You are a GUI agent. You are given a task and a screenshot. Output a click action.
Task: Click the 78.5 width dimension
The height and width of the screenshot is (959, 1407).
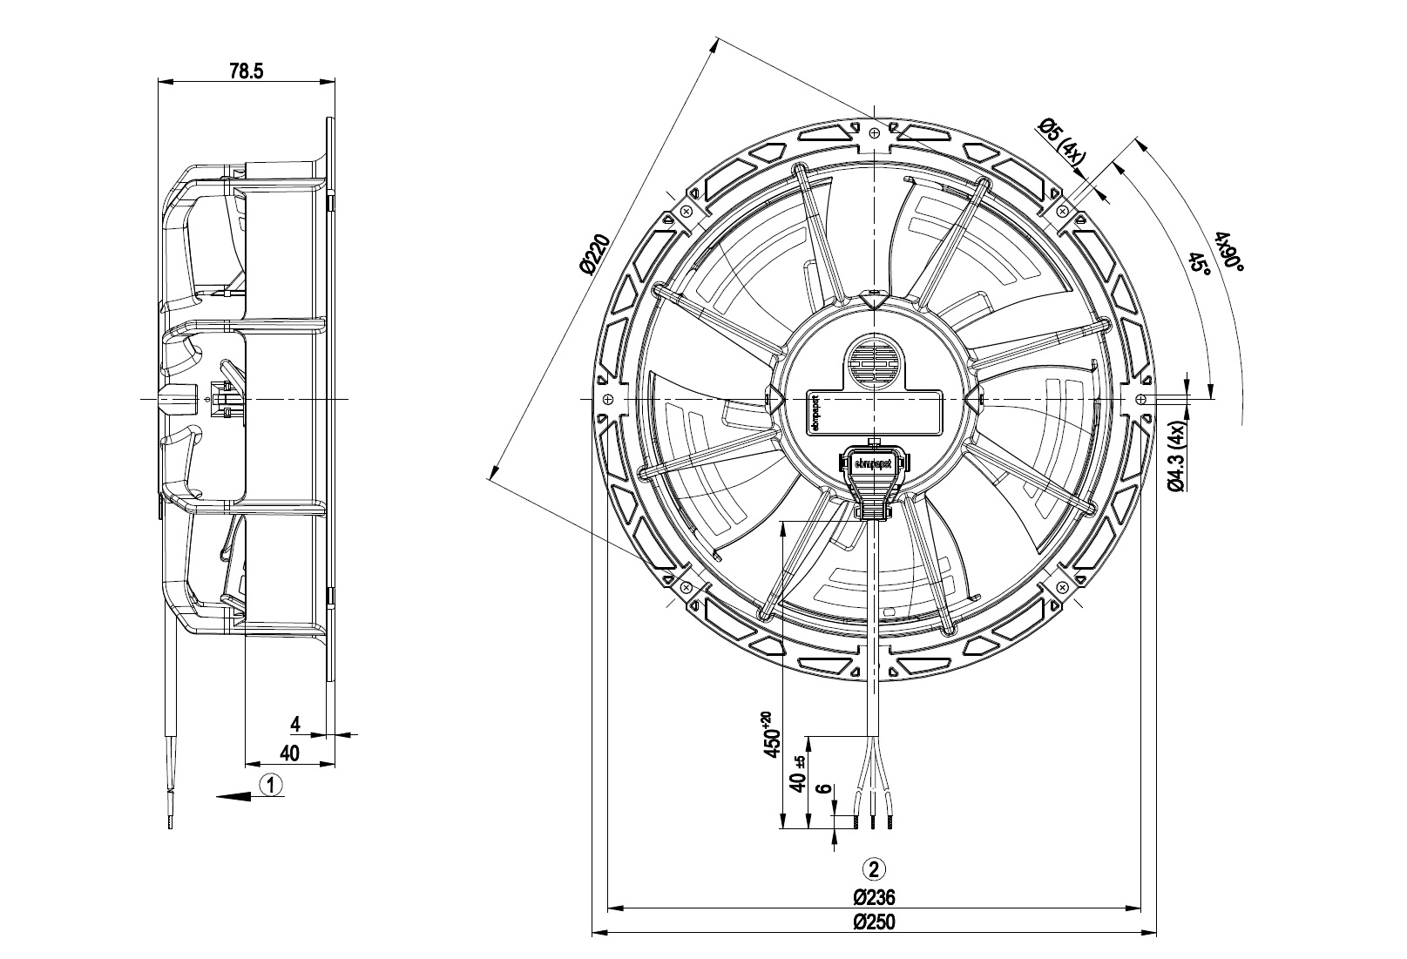(x=247, y=71)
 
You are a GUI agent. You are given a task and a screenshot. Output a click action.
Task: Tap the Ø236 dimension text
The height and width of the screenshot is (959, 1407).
(x=874, y=897)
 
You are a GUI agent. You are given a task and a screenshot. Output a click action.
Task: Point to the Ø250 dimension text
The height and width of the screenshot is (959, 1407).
(x=874, y=922)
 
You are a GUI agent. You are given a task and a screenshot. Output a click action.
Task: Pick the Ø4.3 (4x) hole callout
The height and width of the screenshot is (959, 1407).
(x=1175, y=457)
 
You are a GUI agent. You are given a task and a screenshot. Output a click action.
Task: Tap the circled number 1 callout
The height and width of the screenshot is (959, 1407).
(x=272, y=785)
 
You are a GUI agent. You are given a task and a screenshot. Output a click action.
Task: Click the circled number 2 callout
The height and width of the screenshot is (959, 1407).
(x=874, y=868)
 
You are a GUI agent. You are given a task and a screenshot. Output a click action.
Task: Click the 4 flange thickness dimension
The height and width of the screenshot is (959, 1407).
(x=295, y=724)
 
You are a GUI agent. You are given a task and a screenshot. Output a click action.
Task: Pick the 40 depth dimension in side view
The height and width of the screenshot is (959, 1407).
(x=290, y=753)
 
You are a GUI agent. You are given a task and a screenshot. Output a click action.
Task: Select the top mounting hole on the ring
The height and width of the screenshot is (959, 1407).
(x=874, y=132)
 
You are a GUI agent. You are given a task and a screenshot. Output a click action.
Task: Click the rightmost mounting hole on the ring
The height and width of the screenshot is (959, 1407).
(x=1140, y=399)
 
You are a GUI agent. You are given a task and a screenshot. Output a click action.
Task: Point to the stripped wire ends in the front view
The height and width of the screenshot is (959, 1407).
(x=874, y=820)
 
